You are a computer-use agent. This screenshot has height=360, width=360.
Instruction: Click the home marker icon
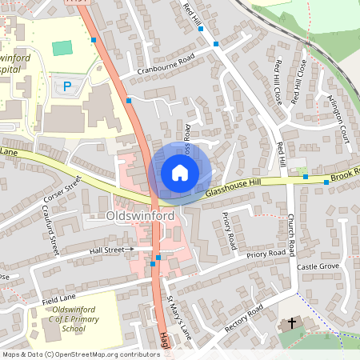coord(179,173)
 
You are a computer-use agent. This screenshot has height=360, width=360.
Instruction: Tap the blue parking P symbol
coord(67,85)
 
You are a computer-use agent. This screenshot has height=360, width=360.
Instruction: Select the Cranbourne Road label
coord(166,62)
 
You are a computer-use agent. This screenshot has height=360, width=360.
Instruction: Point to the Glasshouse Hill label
coord(233,189)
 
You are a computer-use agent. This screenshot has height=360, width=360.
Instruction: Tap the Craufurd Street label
coord(50,230)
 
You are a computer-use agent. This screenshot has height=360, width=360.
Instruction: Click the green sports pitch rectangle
coord(62,48)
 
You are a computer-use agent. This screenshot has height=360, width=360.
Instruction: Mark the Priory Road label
coord(266,254)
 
